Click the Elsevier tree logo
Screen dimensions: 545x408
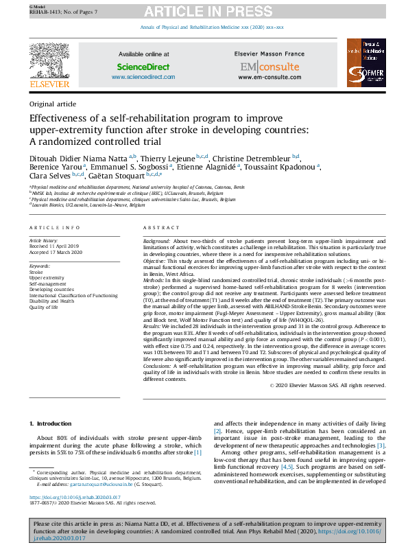pyautogui.click(x=49, y=62)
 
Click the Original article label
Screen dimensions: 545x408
pyautogui.click(x=53, y=104)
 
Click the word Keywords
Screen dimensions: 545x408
pyautogui.click(x=39, y=266)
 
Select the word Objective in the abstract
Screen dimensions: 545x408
pyautogui.click(x=156, y=261)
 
